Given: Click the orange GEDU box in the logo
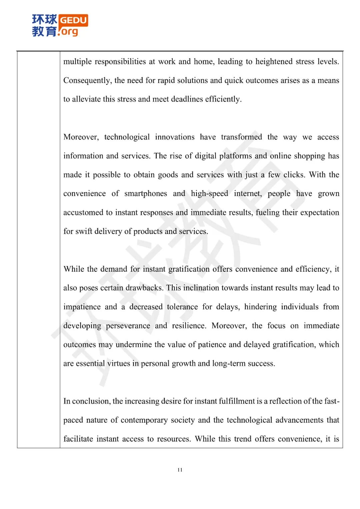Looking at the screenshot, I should [x=74, y=20].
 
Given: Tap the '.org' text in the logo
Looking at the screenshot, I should [x=69, y=32].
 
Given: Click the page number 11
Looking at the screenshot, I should [x=180, y=470].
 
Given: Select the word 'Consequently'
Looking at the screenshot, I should [x=87, y=81].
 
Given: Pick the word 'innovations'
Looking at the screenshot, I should [x=175, y=137].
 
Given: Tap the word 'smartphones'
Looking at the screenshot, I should [x=146, y=194].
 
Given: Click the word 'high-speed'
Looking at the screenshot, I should [x=209, y=194].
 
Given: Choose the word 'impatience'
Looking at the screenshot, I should [x=82, y=307].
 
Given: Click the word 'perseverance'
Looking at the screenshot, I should [x=128, y=326].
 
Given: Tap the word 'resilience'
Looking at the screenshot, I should [x=189, y=326].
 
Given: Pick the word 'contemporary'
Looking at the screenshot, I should [x=144, y=420].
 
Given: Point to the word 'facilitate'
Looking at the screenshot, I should [x=78, y=439].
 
